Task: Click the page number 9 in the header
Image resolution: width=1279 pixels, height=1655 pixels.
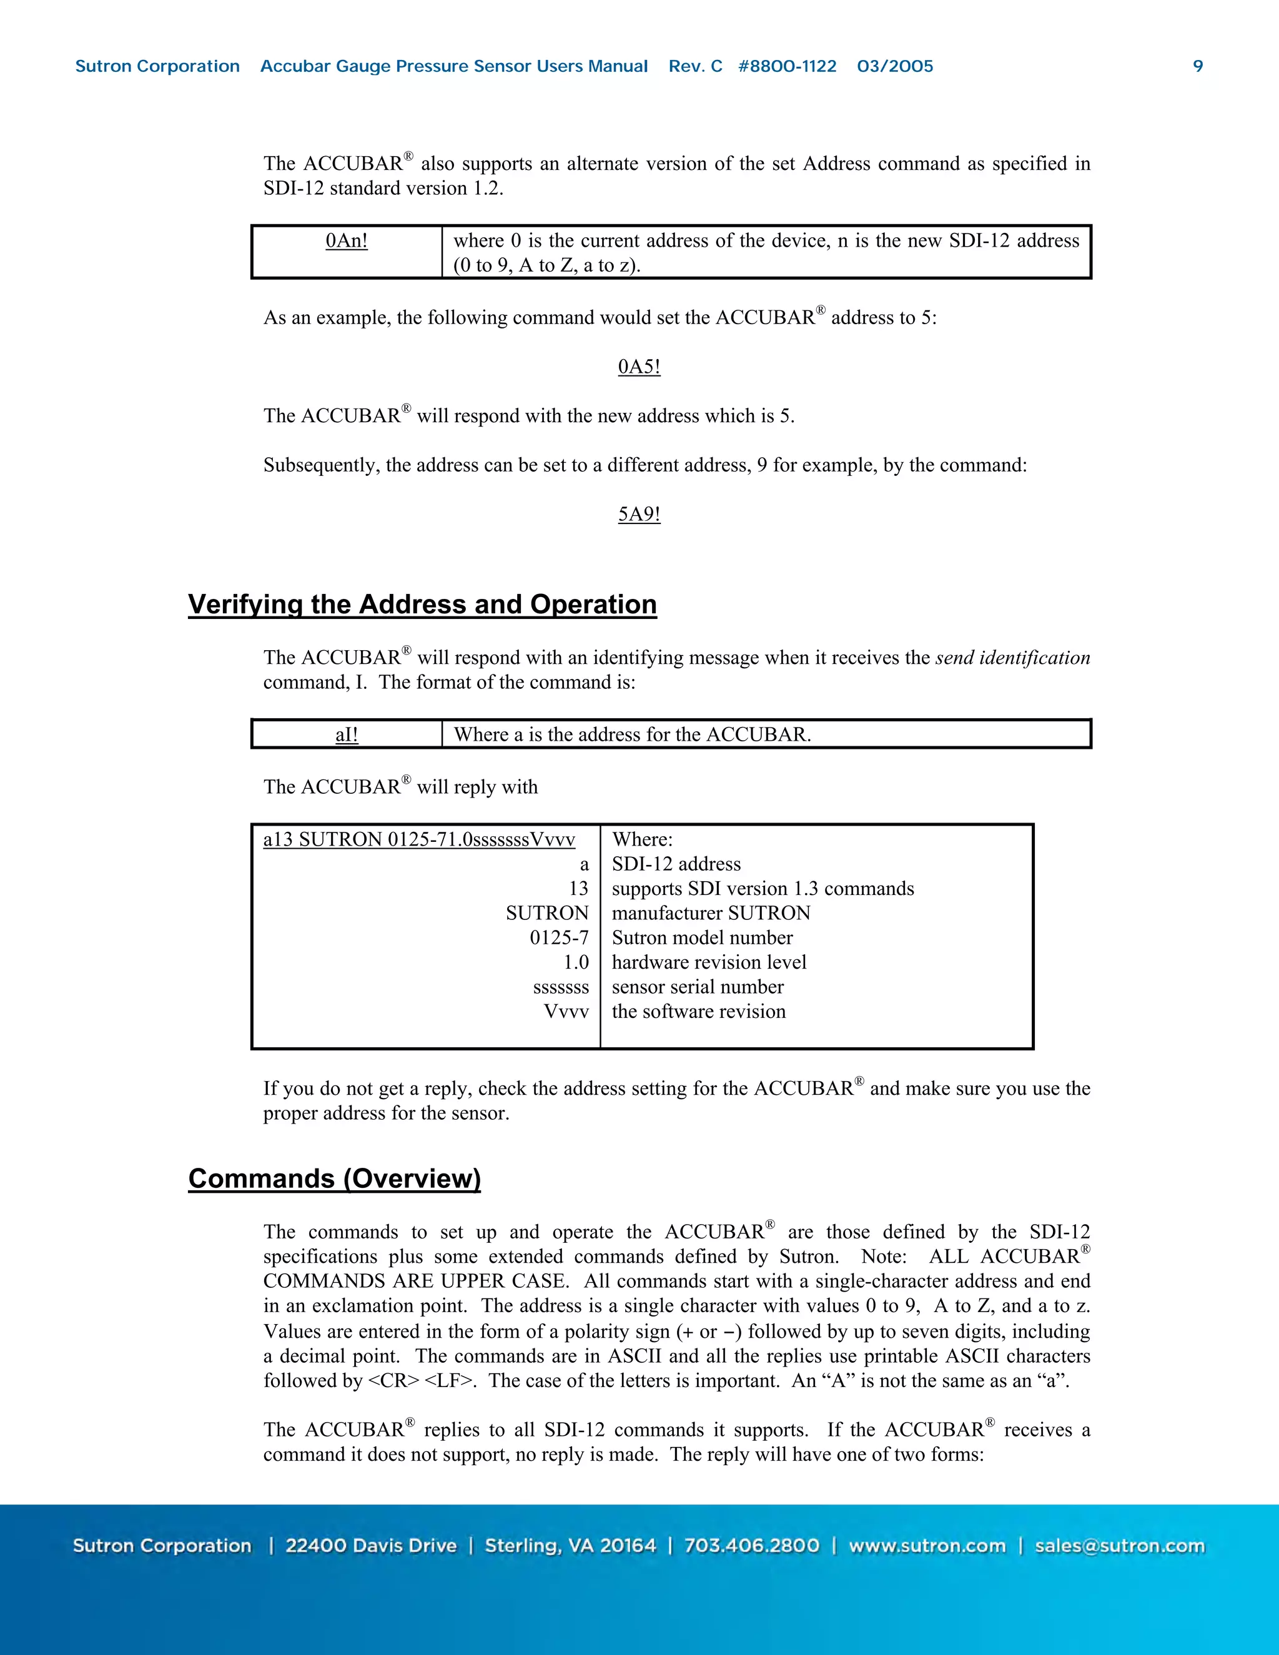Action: (1198, 66)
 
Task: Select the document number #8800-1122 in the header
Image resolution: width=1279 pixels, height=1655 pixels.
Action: (788, 66)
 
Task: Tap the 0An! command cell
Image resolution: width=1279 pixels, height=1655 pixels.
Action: (346, 241)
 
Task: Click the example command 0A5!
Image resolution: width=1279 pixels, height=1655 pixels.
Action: (639, 367)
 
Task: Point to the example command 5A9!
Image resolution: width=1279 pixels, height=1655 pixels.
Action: (639, 514)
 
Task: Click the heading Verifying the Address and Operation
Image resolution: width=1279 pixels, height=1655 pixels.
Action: (422, 604)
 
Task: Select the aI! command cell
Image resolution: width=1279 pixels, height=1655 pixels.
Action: (346, 734)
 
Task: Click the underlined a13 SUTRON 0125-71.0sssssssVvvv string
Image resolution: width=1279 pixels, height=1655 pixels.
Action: (419, 839)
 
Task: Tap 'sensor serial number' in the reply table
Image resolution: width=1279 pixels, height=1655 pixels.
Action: (697, 987)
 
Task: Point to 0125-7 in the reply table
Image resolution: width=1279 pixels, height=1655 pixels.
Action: (558, 938)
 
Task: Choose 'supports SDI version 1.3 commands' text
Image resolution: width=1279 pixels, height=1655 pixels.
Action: (763, 889)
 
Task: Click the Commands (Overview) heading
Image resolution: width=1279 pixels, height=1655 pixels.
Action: (334, 1178)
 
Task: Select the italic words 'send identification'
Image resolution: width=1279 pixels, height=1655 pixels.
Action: (1012, 658)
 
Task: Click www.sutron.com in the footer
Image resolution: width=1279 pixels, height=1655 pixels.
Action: (927, 1546)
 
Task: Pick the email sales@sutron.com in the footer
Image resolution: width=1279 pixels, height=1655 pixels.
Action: (1119, 1546)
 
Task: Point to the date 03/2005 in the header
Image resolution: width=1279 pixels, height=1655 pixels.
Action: (895, 66)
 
